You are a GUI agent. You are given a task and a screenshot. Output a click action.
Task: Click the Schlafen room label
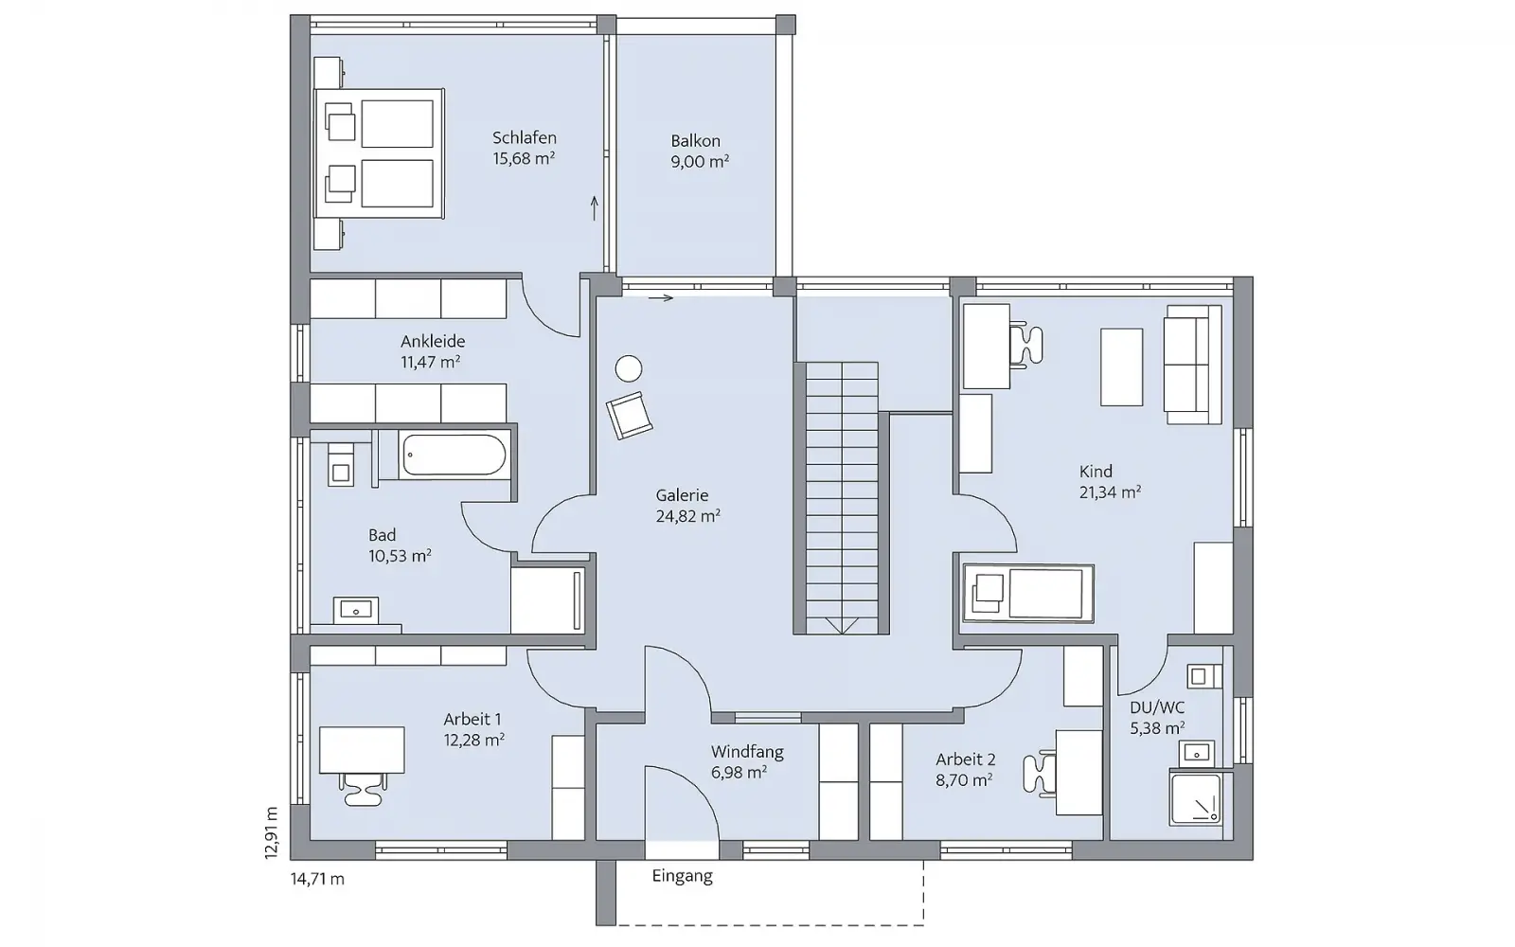point(525,138)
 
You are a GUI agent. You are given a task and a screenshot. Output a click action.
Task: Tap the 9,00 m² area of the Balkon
point(700,162)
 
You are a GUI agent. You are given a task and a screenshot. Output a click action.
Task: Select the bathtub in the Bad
point(454,455)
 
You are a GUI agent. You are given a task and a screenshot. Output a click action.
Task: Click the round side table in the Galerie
point(629,369)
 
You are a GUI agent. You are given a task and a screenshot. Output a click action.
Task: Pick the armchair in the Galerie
point(629,416)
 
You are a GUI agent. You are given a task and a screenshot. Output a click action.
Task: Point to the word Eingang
point(682,877)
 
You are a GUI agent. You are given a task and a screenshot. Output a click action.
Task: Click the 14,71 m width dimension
point(317,879)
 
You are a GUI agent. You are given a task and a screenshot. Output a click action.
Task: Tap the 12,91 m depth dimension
point(271,832)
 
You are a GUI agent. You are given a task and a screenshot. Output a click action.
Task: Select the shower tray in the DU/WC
point(1196,799)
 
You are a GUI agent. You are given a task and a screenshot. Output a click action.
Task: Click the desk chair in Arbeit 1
point(364,789)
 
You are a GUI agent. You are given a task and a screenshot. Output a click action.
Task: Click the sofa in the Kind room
point(1192,365)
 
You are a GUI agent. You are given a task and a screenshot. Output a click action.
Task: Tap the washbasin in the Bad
point(356,610)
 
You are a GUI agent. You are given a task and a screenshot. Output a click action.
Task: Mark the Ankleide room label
point(433,341)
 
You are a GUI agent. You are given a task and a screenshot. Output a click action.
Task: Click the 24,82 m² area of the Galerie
point(687,516)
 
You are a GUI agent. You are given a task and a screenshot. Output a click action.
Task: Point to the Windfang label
point(747,752)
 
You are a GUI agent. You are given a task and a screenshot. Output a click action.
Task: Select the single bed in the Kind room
point(1028,593)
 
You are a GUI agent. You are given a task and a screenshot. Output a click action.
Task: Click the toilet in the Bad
point(341,465)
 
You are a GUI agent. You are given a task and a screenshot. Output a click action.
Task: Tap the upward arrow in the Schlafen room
point(595,208)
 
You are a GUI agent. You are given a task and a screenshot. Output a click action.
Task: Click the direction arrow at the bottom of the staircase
point(842,625)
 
